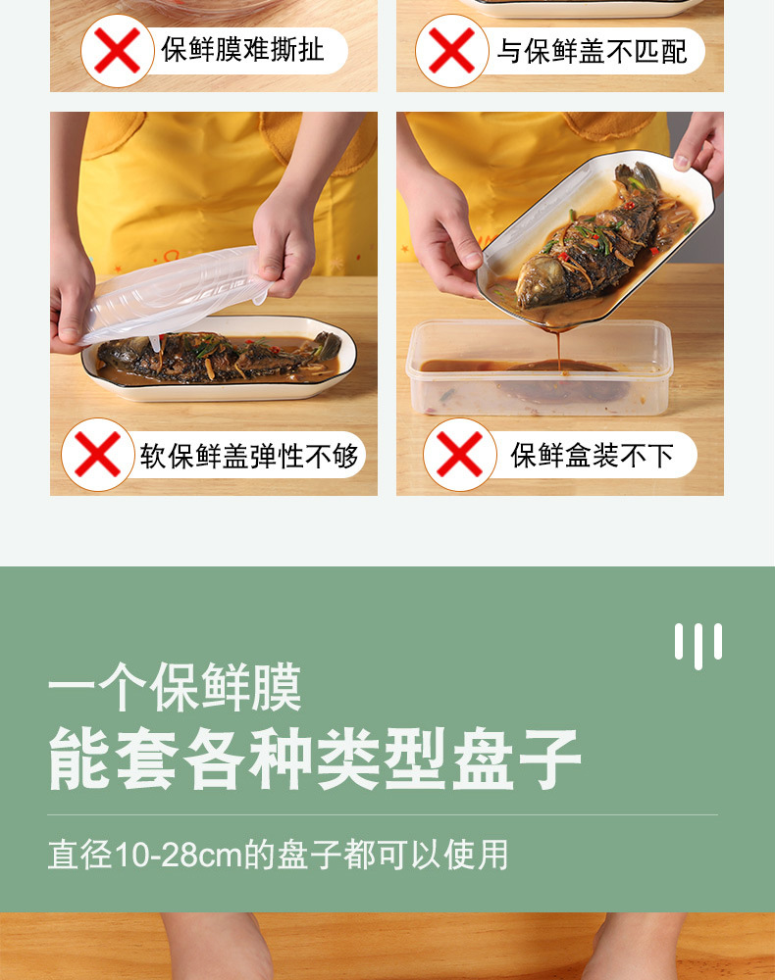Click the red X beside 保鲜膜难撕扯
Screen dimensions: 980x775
click(x=117, y=50)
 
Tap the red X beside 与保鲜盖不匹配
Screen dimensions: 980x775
click(x=451, y=50)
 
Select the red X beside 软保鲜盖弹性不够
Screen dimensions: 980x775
click(x=97, y=455)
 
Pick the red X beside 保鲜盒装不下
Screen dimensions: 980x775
click(x=459, y=455)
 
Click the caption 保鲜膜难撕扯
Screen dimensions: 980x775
click(x=242, y=50)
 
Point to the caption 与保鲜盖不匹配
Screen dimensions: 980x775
click(x=592, y=51)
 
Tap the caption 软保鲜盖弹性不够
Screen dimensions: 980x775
click(x=249, y=456)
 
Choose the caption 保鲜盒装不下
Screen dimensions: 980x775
click(x=592, y=455)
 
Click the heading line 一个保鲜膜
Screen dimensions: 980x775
click(x=175, y=687)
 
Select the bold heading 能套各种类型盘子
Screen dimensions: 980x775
click(x=315, y=759)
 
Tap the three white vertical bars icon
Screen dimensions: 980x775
click(x=697, y=644)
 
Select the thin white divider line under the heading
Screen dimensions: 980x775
click(x=383, y=814)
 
